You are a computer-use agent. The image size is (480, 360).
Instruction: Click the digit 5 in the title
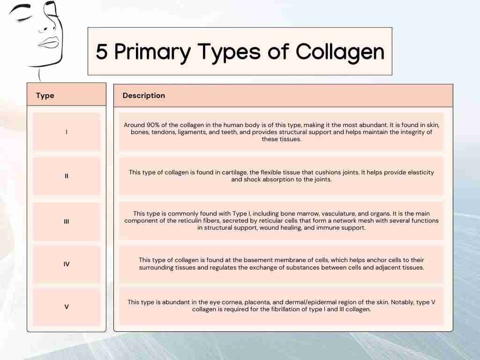click(x=102, y=51)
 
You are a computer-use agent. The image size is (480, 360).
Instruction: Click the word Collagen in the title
click(x=340, y=52)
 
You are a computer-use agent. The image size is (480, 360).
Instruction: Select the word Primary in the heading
click(x=152, y=52)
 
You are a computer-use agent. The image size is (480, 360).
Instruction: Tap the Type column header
click(x=45, y=96)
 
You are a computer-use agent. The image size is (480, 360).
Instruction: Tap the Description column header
click(x=143, y=96)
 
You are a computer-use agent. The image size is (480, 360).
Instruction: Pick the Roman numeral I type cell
click(x=67, y=132)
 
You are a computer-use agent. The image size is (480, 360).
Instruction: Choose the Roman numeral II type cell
click(x=67, y=176)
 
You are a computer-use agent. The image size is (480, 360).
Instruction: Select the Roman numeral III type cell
click(x=67, y=221)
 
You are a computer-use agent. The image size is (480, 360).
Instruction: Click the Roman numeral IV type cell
click(x=67, y=264)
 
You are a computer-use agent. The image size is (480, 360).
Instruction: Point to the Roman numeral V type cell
click(x=67, y=307)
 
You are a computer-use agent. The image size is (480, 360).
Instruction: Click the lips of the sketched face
click(x=48, y=42)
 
